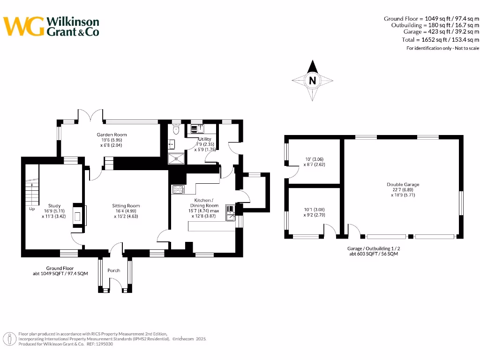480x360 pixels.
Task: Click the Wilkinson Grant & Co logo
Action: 51,26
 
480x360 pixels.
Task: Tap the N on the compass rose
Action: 312,81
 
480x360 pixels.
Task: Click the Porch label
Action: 114,270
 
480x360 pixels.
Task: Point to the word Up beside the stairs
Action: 32,209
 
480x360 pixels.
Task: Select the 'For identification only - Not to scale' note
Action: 442,48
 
